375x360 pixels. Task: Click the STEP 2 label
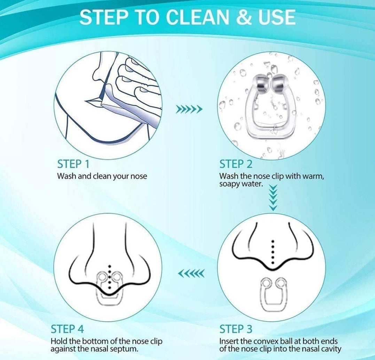point(236,164)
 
